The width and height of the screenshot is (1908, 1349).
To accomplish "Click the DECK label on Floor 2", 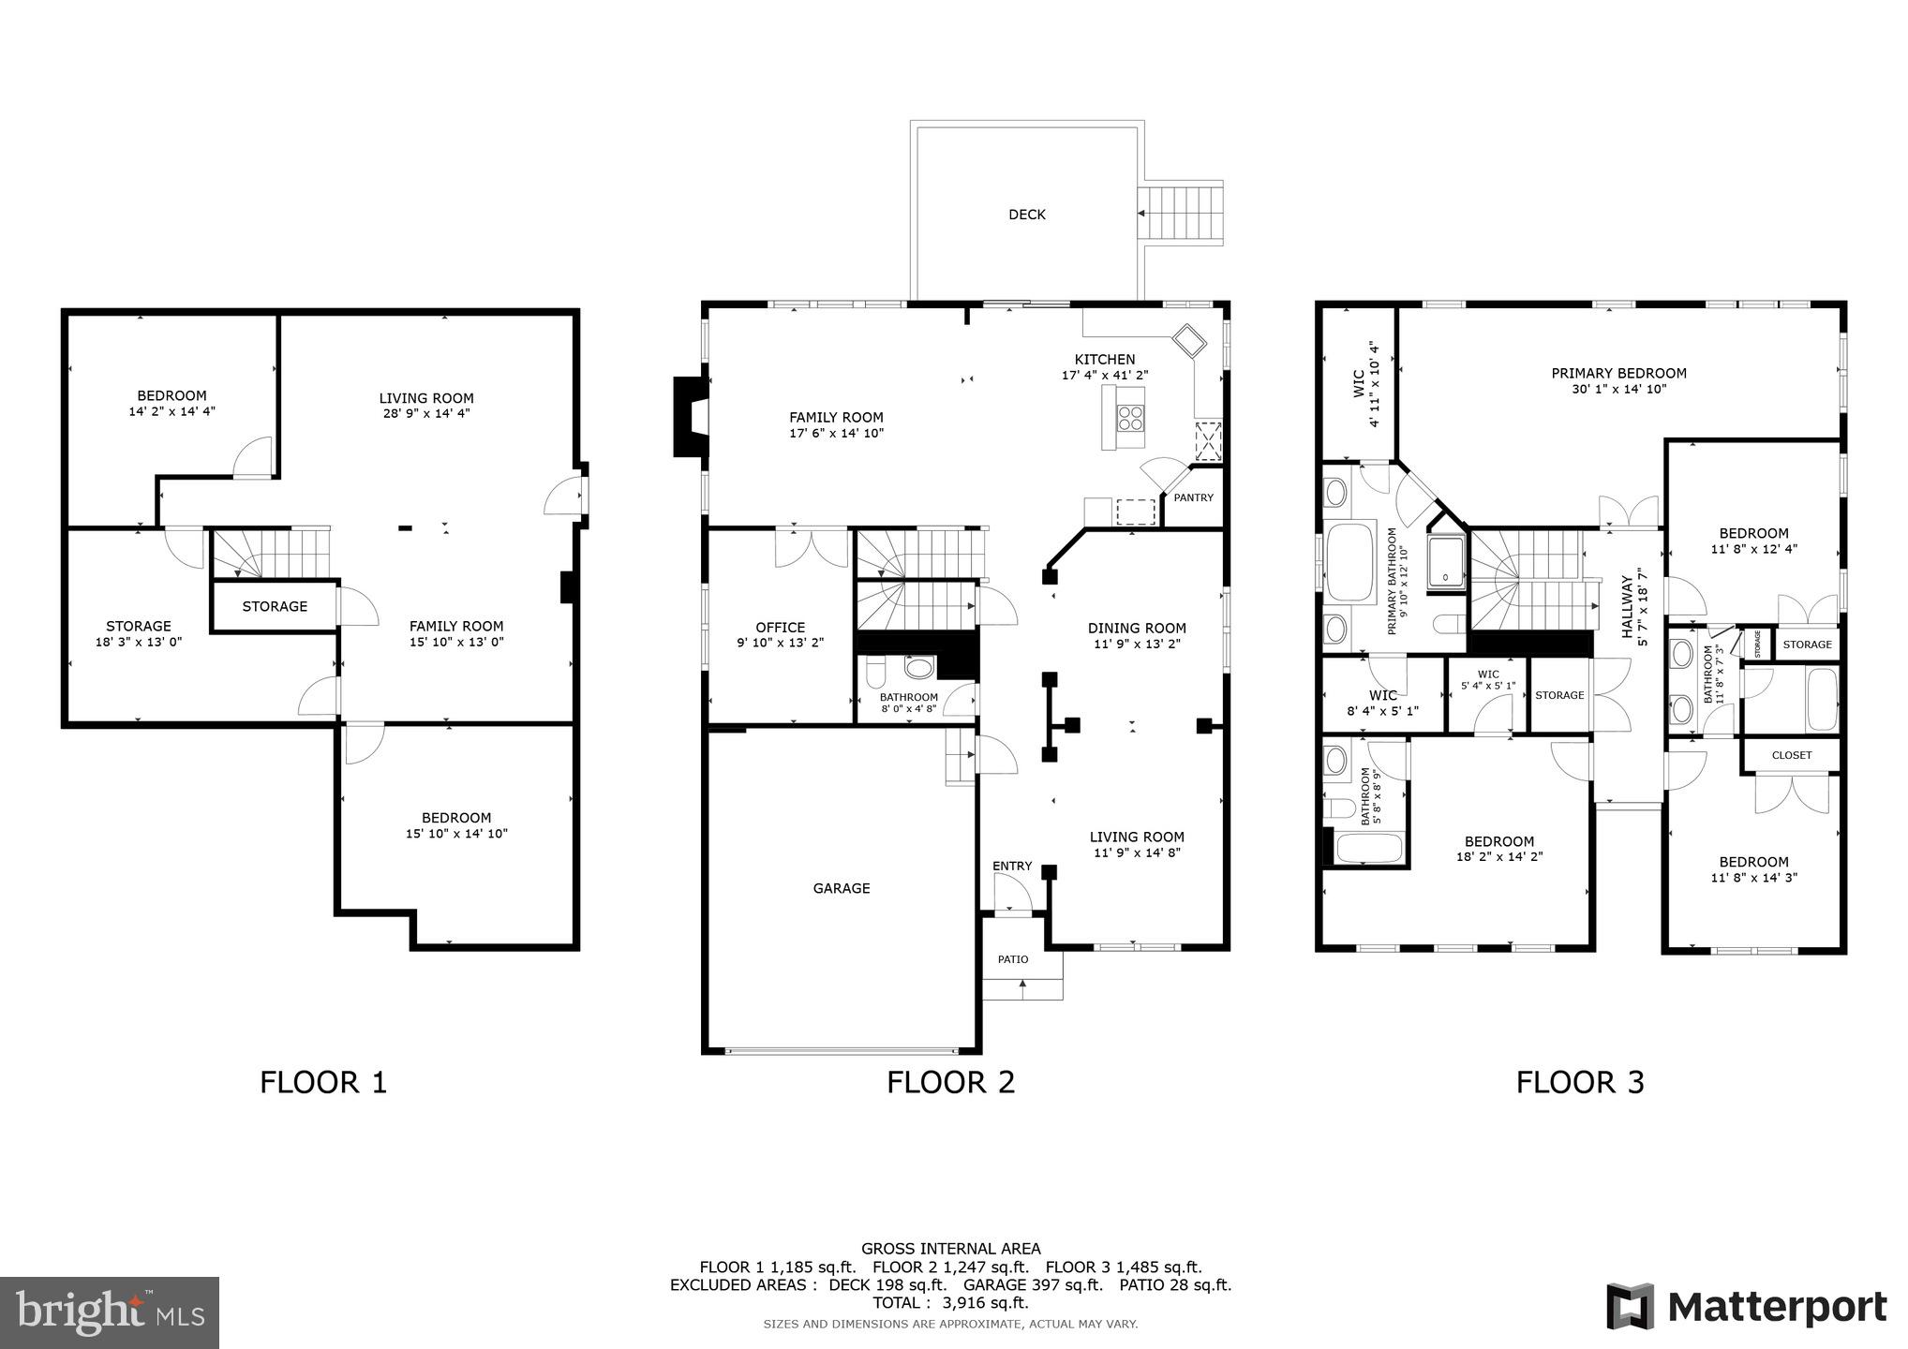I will [x=1026, y=215].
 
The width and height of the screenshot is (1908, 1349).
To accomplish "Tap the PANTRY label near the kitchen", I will [x=1193, y=497].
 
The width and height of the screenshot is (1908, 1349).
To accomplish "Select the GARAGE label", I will [x=841, y=888].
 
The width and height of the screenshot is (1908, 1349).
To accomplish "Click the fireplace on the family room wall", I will [x=691, y=416].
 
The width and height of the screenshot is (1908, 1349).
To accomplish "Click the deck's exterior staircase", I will [x=1182, y=214].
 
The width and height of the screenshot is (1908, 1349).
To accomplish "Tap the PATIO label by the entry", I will [x=1012, y=959].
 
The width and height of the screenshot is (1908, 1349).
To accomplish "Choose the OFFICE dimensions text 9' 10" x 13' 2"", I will [x=780, y=643].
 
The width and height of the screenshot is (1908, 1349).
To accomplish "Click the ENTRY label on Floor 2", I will [x=1012, y=866].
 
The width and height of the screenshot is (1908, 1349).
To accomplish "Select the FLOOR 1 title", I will [x=323, y=1082].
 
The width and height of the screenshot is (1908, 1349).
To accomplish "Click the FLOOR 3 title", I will [x=1580, y=1082].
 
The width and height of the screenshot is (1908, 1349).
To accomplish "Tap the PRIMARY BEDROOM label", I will [x=1618, y=373].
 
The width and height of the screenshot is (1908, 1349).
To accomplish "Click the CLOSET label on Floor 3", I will [x=1791, y=755].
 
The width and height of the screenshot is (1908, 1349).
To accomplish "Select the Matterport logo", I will [x=1747, y=1307].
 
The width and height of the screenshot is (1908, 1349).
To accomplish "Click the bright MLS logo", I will [x=110, y=1312].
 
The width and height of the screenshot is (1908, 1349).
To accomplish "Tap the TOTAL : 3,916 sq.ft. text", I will [x=950, y=1302].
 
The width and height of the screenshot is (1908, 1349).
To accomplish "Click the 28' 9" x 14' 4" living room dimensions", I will [x=426, y=413].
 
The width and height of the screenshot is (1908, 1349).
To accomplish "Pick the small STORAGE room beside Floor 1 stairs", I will [x=275, y=606].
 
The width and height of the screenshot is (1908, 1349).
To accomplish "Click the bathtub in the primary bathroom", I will [x=1348, y=565].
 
